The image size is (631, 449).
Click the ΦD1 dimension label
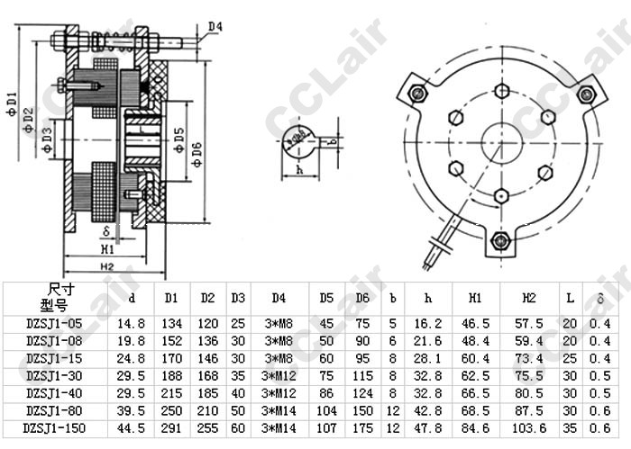[12, 103]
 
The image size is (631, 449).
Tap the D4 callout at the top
[215, 27]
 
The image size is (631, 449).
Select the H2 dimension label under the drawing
[106, 267]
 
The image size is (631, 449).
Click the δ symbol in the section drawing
[105, 230]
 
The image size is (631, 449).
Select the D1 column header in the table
[171, 297]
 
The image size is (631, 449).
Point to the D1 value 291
[171, 428]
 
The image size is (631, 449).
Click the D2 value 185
[207, 393]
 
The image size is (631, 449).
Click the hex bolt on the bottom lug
[501, 239]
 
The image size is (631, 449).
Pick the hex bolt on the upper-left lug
[416, 93]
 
